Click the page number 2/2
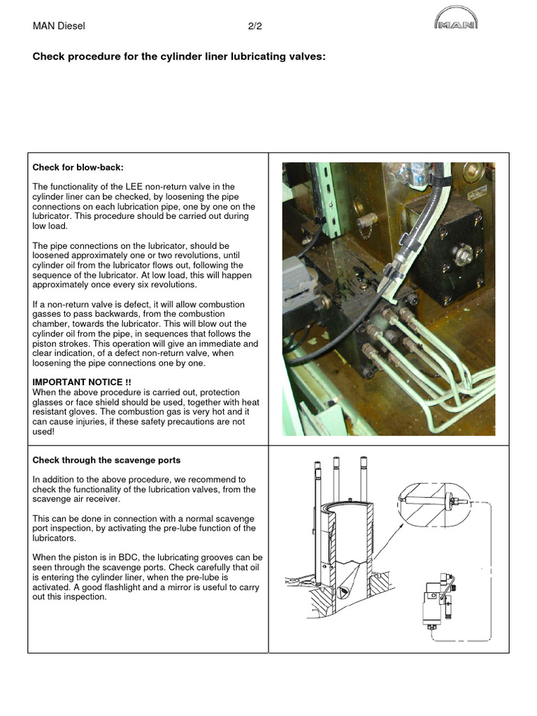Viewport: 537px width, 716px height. [255, 27]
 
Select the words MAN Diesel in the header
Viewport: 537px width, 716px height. [59, 27]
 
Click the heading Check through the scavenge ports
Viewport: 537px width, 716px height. [106, 460]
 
